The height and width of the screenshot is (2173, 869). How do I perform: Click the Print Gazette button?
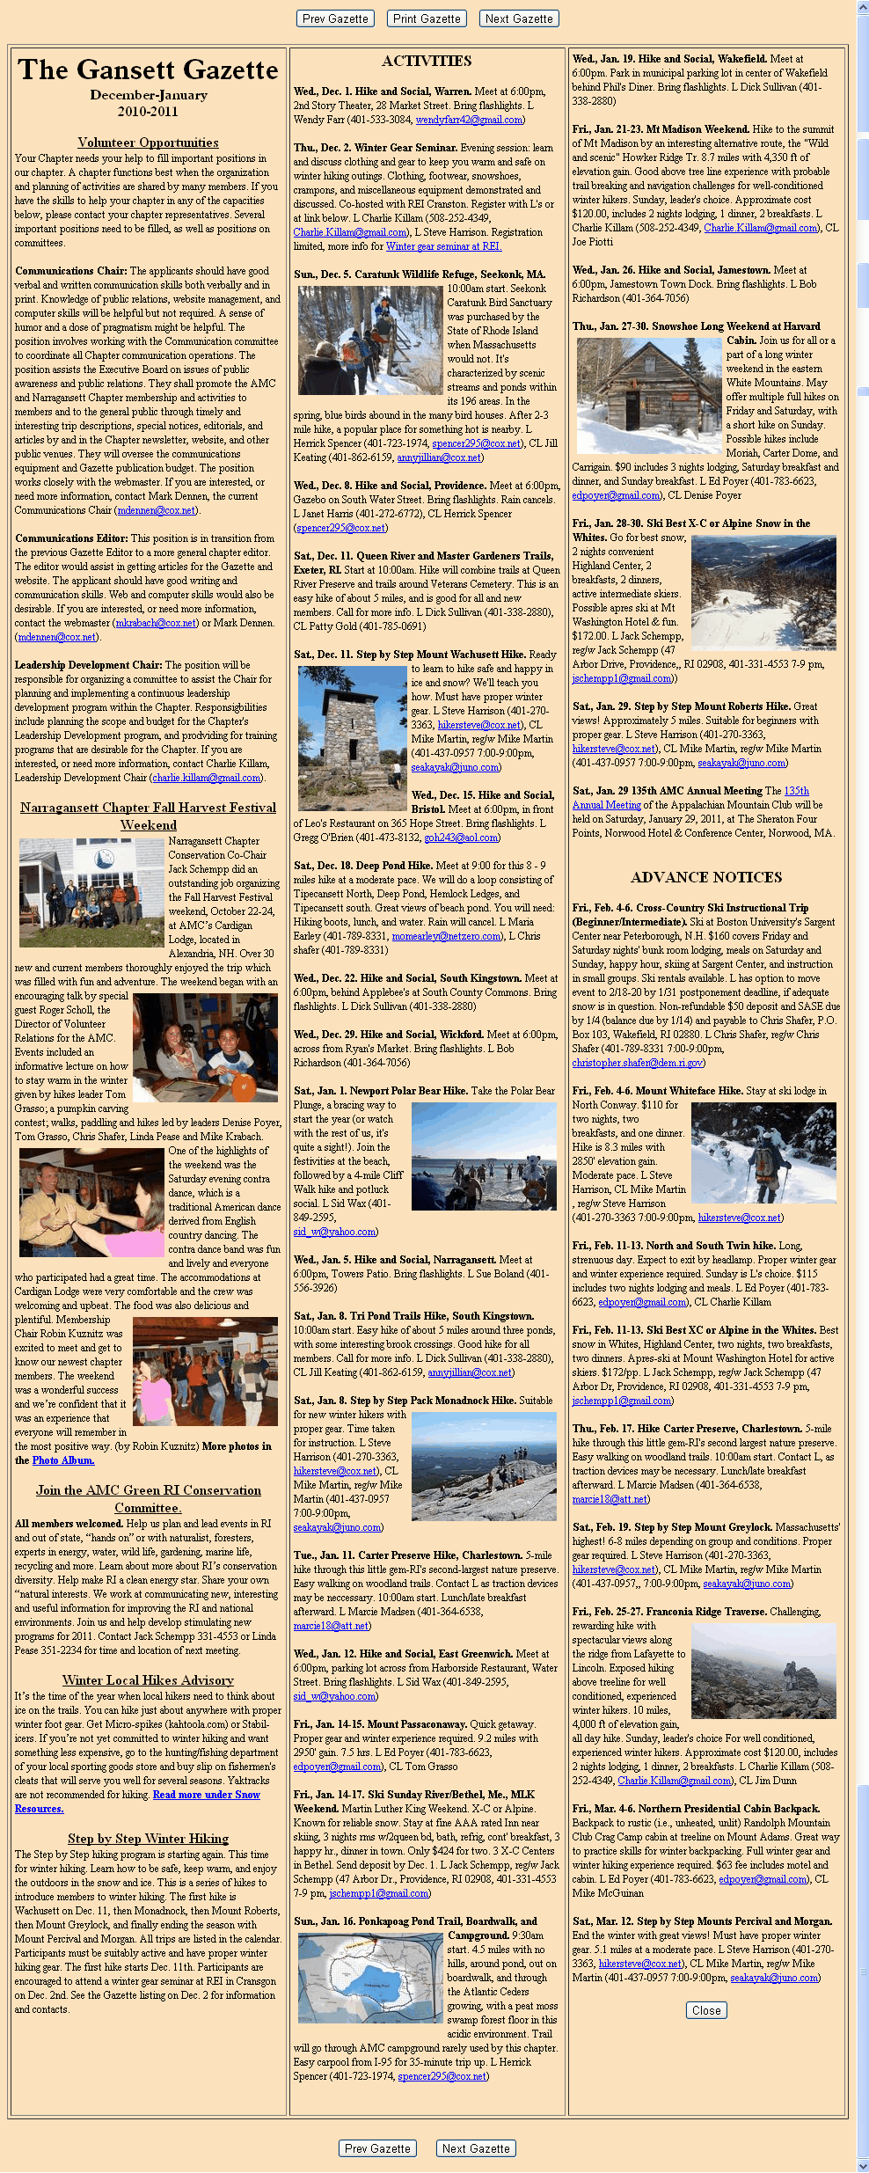pos(427,18)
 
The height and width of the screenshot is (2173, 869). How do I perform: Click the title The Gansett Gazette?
pos(148,70)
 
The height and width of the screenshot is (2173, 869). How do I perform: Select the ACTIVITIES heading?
pos(427,61)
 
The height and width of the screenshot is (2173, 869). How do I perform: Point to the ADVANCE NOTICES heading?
pos(705,877)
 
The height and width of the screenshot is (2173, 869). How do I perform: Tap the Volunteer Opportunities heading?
pos(148,143)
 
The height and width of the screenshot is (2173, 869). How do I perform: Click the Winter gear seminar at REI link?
pos(443,246)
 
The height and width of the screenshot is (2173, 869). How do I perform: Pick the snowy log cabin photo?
pos(649,396)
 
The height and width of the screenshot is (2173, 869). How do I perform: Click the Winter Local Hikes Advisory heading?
pos(148,1680)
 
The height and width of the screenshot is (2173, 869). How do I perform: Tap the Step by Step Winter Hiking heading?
pos(148,1839)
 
